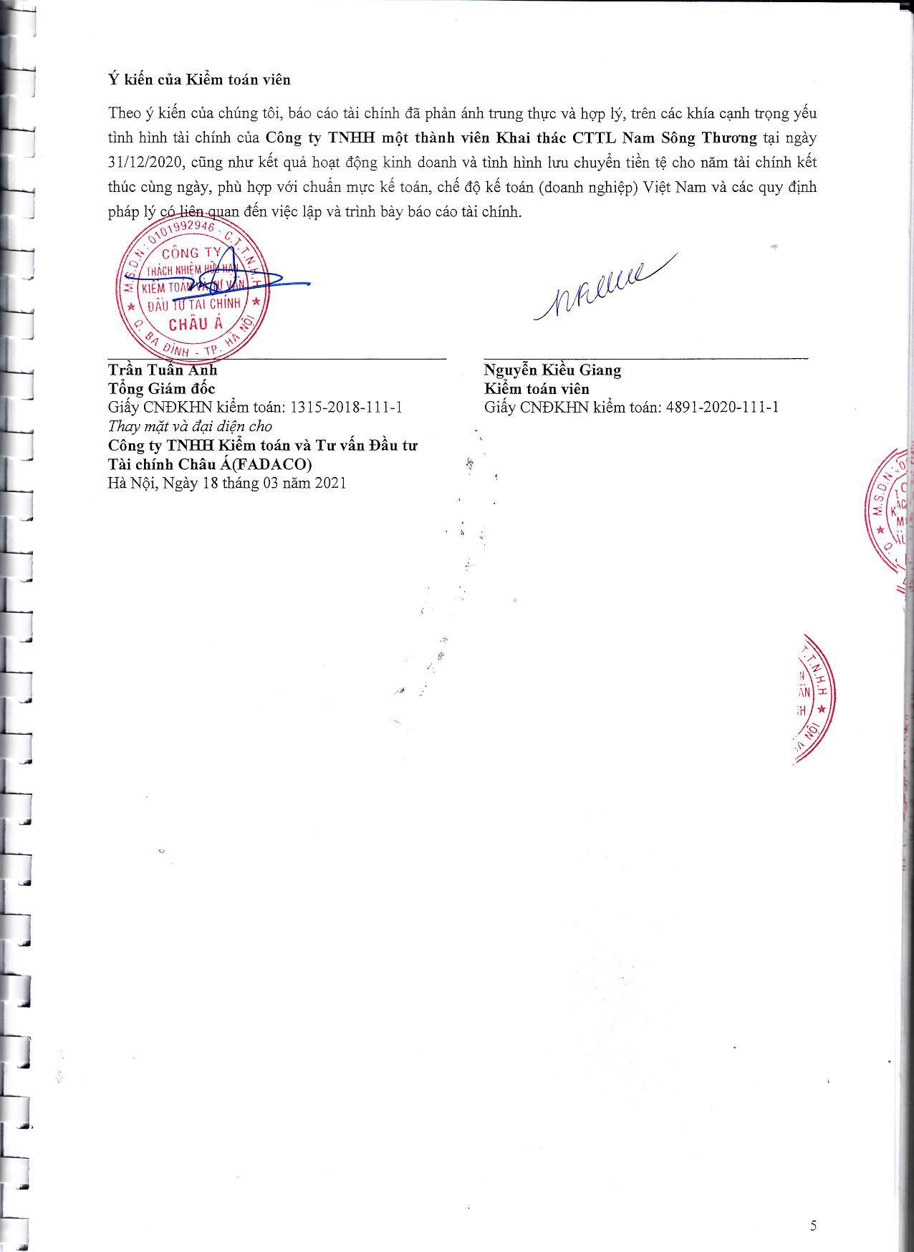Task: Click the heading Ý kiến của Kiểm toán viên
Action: [199, 80]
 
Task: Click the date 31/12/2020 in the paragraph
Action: [144, 163]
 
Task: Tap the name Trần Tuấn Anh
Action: [162, 370]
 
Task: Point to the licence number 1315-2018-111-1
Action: [345, 408]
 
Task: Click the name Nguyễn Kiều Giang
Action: [552, 370]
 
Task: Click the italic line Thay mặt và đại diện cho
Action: [190, 426]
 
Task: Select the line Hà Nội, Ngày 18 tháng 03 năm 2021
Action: [227, 483]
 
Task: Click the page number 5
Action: [813, 1225]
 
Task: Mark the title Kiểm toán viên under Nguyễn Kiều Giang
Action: [537, 389]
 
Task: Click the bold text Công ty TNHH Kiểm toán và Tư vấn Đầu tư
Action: [262, 446]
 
